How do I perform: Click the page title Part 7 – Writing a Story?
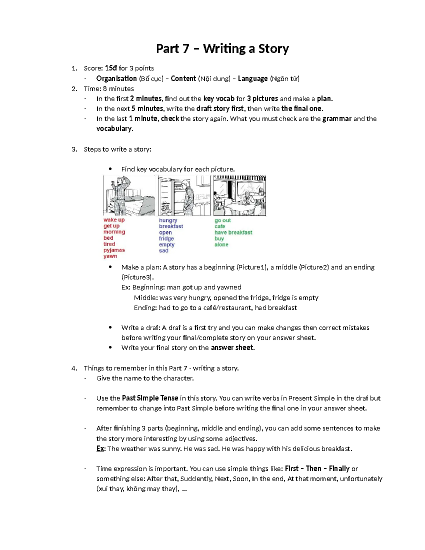tap(222, 49)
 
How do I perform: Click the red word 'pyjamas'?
tap(114, 250)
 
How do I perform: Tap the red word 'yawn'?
tap(110, 256)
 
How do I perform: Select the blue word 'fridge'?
tap(166, 238)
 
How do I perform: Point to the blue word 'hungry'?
tap(168, 220)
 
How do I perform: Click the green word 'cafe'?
tap(220, 226)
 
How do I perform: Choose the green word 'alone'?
tap(221, 244)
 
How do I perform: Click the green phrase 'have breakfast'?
tap(233, 232)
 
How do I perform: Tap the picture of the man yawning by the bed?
tap(129, 195)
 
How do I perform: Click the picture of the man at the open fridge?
tap(184, 195)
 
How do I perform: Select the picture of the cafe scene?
tap(239, 195)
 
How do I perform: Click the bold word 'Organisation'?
tap(116, 79)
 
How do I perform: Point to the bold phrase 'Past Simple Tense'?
tap(150, 398)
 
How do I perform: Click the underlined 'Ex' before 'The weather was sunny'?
tap(100, 449)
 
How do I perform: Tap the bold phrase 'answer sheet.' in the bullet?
tap(233, 348)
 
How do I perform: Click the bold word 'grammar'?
tap(337, 119)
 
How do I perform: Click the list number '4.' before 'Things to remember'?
tap(74, 368)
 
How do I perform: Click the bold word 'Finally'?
tap(339, 469)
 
